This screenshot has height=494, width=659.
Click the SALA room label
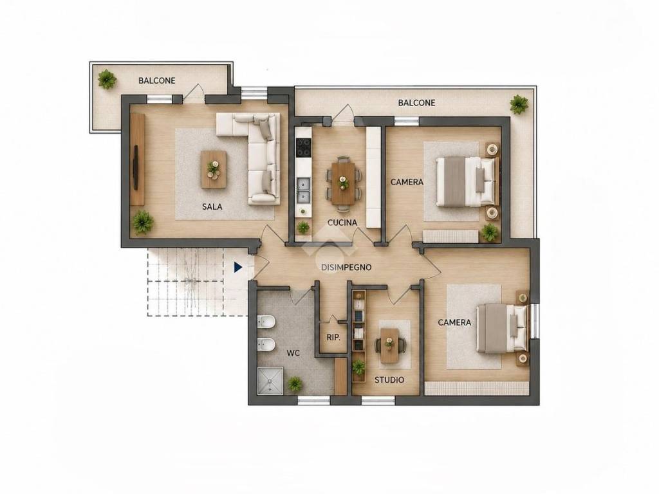(212, 206)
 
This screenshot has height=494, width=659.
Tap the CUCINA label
(342, 223)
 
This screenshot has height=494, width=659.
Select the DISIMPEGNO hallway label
(346, 267)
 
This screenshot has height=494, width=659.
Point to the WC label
(293, 353)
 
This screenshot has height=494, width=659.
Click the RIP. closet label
(333, 337)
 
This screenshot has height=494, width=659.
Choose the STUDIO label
(389, 380)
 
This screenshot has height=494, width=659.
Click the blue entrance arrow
(238, 267)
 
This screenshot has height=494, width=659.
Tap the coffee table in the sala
(214, 170)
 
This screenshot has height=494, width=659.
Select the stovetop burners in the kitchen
(303, 147)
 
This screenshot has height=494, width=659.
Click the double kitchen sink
(303, 190)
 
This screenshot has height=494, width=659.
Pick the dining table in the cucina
(344, 183)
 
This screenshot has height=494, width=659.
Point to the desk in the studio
(389, 345)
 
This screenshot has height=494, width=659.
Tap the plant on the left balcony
(107, 79)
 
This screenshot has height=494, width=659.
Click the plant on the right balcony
(519, 104)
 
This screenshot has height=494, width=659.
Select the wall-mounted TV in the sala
(136, 167)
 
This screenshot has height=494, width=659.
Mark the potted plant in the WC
(295, 383)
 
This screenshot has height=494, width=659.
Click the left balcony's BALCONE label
(157, 80)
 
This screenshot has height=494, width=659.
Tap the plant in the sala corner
(143, 222)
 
